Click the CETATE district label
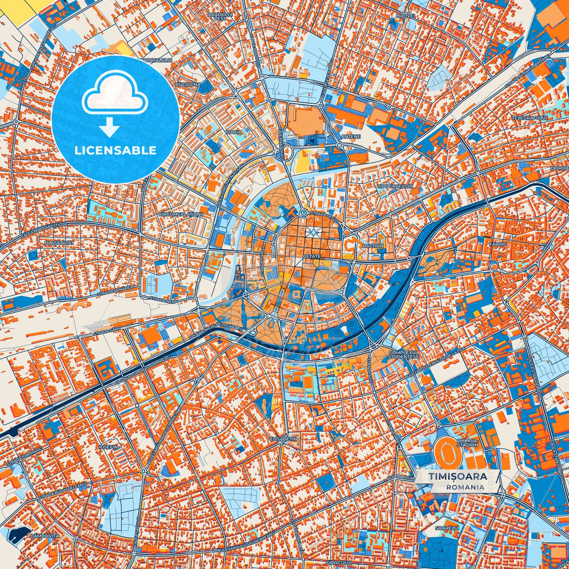(x=311, y=256)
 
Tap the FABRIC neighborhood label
(x=498, y=244)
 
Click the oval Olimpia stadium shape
(x=447, y=450)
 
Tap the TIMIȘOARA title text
(x=457, y=476)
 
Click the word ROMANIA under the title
(x=465, y=487)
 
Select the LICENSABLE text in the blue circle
(x=116, y=150)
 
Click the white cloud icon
(x=115, y=94)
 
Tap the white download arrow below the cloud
(x=110, y=126)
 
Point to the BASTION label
(x=373, y=246)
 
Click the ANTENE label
(x=350, y=137)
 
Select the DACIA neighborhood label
(x=234, y=132)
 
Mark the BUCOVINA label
(x=188, y=84)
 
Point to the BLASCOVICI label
(x=59, y=243)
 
